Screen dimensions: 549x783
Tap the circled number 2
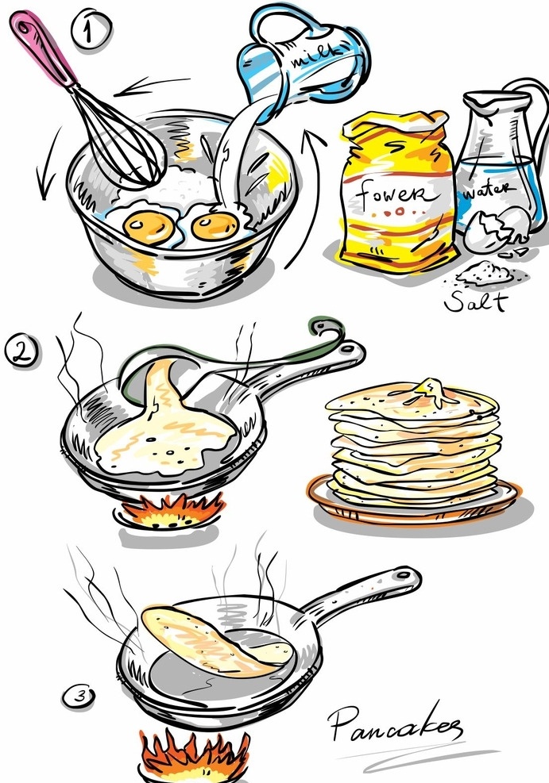(x=21, y=351)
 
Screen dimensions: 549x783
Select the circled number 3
(x=79, y=696)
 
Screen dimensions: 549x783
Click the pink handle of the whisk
(x=43, y=47)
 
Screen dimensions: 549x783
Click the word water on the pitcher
(x=487, y=190)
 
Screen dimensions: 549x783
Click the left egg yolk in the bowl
(x=149, y=226)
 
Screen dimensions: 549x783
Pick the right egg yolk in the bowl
(x=215, y=226)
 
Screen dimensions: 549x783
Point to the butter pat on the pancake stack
(x=431, y=391)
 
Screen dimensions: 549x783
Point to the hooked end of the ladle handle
(x=327, y=329)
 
